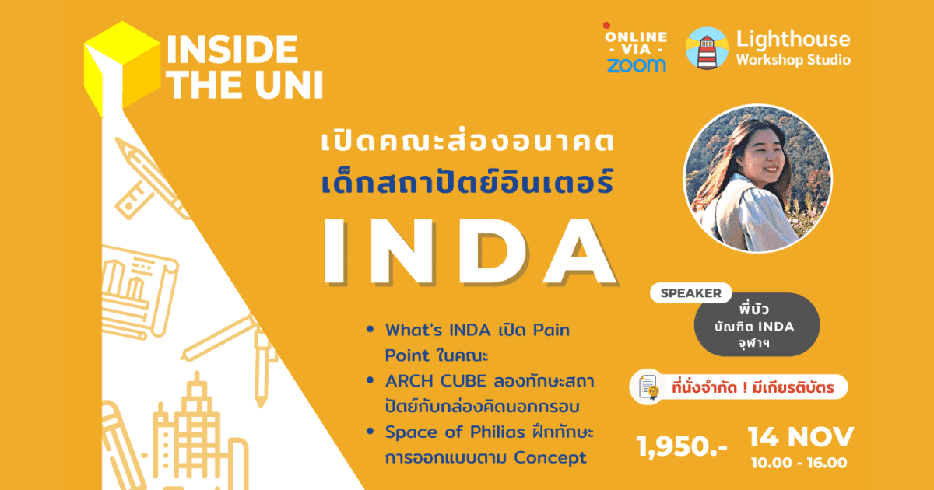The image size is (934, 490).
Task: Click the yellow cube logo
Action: click(122, 67)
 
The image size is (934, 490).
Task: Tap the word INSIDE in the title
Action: click(232, 49)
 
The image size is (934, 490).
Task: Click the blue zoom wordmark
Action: click(637, 65)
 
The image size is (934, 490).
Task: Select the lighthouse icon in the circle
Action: click(707, 48)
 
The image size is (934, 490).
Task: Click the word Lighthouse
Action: click(793, 39)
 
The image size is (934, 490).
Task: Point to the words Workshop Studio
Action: click(793, 60)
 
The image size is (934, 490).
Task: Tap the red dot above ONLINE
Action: click(606, 26)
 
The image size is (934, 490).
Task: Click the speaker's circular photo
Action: click(757, 178)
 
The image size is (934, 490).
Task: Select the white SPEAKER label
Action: click(691, 293)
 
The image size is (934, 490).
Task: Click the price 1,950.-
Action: click(682, 446)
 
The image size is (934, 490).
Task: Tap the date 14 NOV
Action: click(801, 437)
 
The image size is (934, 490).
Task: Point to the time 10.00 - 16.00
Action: click(799, 463)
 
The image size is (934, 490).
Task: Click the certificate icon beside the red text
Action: click(648, 387)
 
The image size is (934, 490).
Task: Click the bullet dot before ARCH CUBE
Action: click(370, 380)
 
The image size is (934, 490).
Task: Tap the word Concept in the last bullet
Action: click(550, 457)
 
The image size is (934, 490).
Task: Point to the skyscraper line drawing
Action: click(196, 433)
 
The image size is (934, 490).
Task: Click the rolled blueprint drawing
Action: click(138, 292)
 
